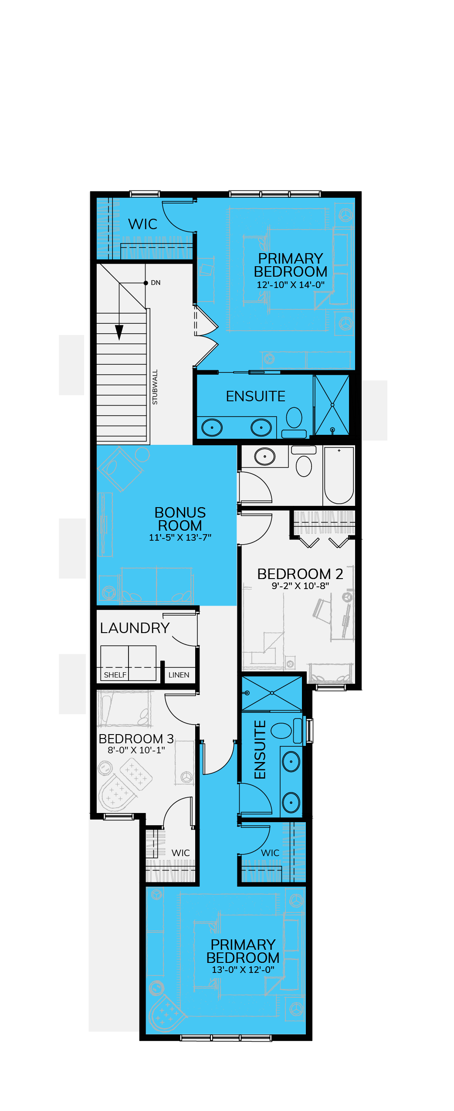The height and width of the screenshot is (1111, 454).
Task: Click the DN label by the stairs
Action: point(156,283)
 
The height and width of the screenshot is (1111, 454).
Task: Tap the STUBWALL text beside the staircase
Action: point(155,387)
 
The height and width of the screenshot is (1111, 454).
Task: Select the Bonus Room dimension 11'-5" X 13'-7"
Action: point(180,537)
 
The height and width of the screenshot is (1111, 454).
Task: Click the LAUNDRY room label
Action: point(135,628)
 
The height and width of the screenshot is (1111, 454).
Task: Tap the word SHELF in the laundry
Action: point(115,675)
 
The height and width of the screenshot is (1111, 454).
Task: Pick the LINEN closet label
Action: point(179,675)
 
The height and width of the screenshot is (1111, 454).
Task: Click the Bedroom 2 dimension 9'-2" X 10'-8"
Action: point(300,586)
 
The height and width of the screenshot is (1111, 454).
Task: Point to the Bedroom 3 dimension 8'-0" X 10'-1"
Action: point(136,750)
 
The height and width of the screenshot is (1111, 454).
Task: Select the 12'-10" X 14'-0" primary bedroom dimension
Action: point(291,285)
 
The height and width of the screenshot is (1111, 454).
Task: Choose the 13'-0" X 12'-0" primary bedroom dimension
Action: point(243,969)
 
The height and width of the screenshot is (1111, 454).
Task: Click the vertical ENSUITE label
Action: point(260,749)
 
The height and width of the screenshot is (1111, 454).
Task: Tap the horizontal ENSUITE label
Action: point(256,396)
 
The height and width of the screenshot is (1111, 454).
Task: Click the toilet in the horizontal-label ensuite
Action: point(294,421)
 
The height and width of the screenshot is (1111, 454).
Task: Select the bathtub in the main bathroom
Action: point(339,475)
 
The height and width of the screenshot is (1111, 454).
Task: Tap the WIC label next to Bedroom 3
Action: point(180,853)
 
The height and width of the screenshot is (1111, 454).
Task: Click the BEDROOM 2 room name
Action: point(300,574)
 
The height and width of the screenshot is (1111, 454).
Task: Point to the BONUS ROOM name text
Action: point(180,519)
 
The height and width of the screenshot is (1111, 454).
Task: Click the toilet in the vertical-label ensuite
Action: point(287,731)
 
